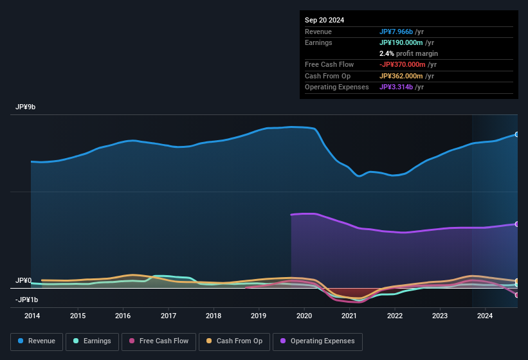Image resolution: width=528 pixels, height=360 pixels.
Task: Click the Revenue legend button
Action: pos(37,341)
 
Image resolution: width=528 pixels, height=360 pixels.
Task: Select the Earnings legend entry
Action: pos(93,341)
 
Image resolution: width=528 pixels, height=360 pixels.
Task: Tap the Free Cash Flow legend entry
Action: pos(159,341)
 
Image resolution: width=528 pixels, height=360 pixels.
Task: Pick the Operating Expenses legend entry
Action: pos(317,341)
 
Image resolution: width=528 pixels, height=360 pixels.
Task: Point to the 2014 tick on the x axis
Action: pos(32,316)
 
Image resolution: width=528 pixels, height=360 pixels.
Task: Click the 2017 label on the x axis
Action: pos(168,316)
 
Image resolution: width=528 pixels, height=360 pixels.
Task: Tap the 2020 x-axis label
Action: pos(304,316)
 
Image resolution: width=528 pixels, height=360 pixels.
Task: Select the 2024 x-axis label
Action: pos(485,316)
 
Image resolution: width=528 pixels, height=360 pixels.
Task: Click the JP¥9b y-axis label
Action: pos(26,107)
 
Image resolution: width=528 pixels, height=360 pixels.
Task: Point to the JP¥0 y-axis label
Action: pos(24,281)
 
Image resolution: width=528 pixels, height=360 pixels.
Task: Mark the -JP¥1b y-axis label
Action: pos(26,300)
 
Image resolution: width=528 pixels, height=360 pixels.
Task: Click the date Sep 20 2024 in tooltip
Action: pos(324,20)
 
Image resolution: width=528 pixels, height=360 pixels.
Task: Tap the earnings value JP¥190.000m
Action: pos(401,42)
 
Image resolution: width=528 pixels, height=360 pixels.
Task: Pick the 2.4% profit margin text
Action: pos(408,53)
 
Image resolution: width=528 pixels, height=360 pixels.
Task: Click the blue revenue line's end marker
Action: pos(517,134)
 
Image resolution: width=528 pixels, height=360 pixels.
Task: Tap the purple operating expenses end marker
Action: pos(517,224)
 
